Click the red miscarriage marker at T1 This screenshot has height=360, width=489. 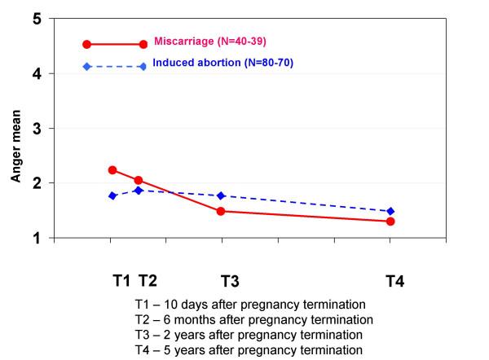(112, 170)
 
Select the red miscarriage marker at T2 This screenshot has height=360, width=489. (139, 180)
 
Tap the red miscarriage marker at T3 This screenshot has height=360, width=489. (222, 211)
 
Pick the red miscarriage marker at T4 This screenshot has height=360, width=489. (390, 221)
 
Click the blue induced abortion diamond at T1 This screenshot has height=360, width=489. (112, 195)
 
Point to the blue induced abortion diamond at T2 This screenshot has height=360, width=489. (139, 190)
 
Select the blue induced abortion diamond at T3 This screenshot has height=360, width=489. (222, 195)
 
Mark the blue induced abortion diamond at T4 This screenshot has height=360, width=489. (390, 211)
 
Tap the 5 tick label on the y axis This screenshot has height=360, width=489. (37, 19)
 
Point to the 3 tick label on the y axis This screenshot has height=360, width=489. (37, 129)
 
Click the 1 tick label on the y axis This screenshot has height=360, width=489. (37, 239)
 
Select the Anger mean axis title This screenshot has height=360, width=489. (15, 128)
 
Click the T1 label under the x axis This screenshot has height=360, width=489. (121, 281)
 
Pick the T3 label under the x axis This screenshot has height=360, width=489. (230, 282)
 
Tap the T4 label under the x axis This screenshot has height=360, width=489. (394, 282)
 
